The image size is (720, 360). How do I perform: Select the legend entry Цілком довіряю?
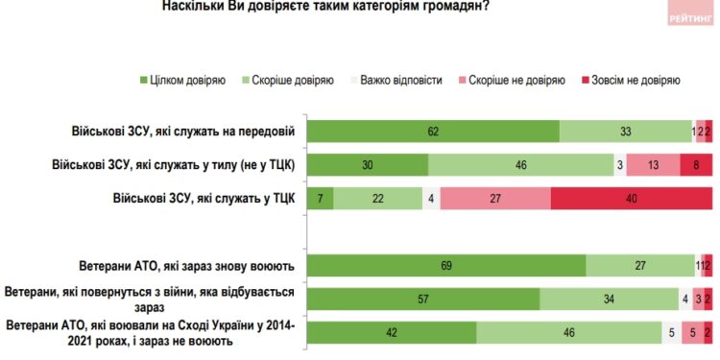pos(183,81)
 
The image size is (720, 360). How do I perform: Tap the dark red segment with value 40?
pos(632,198)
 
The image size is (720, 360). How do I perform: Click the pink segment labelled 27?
pos(495,198)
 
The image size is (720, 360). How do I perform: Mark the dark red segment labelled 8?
pos(696,165)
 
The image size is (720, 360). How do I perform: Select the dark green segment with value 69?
pos(448,264)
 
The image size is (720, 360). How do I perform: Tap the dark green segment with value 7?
pos(320,198)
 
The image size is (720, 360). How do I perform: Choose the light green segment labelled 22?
pos(377,198)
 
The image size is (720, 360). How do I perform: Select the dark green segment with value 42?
pos(394,332)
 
